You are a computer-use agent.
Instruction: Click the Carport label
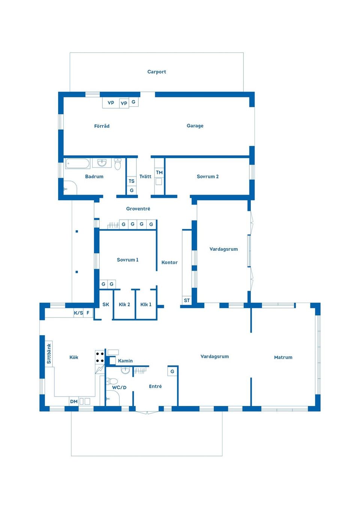(x=157, y=72)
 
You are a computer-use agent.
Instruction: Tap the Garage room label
(x=195, y=126)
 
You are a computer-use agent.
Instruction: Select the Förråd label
(x=102, y=126)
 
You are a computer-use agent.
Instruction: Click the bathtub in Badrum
(x=78, y=163)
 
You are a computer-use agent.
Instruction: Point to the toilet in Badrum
(x=117, y=164)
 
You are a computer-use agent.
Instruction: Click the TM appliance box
(x=159, y=172)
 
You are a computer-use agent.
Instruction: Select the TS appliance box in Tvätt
(x=132, y=181)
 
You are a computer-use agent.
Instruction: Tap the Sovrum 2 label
(x=208, y=177)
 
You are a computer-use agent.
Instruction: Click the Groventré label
(x=138, y=209)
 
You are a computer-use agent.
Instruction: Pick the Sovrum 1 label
(x=127, y=260)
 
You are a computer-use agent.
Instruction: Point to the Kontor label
(x=169, y=262)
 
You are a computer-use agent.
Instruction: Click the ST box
(x=187, y=300)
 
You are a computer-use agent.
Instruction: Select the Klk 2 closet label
(x=124, y=304)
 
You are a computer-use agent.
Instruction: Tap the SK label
(x=106, y=304)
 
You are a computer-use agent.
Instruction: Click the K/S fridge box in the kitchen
(x=78, y=313)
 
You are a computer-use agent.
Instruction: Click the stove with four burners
(x=100, y=357)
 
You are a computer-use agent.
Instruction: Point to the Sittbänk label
(x=49, y=353)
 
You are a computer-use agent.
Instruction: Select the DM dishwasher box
(x=73, y=401)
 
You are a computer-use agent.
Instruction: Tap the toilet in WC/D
(x=112, y=381)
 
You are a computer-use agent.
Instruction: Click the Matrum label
(x=283, y=358)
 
